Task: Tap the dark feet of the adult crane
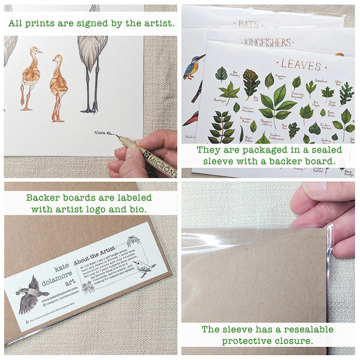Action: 90,109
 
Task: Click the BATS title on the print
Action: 248,25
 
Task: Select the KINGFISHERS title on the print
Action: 268,43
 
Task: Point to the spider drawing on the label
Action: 133,241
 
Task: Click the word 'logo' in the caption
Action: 112,209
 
